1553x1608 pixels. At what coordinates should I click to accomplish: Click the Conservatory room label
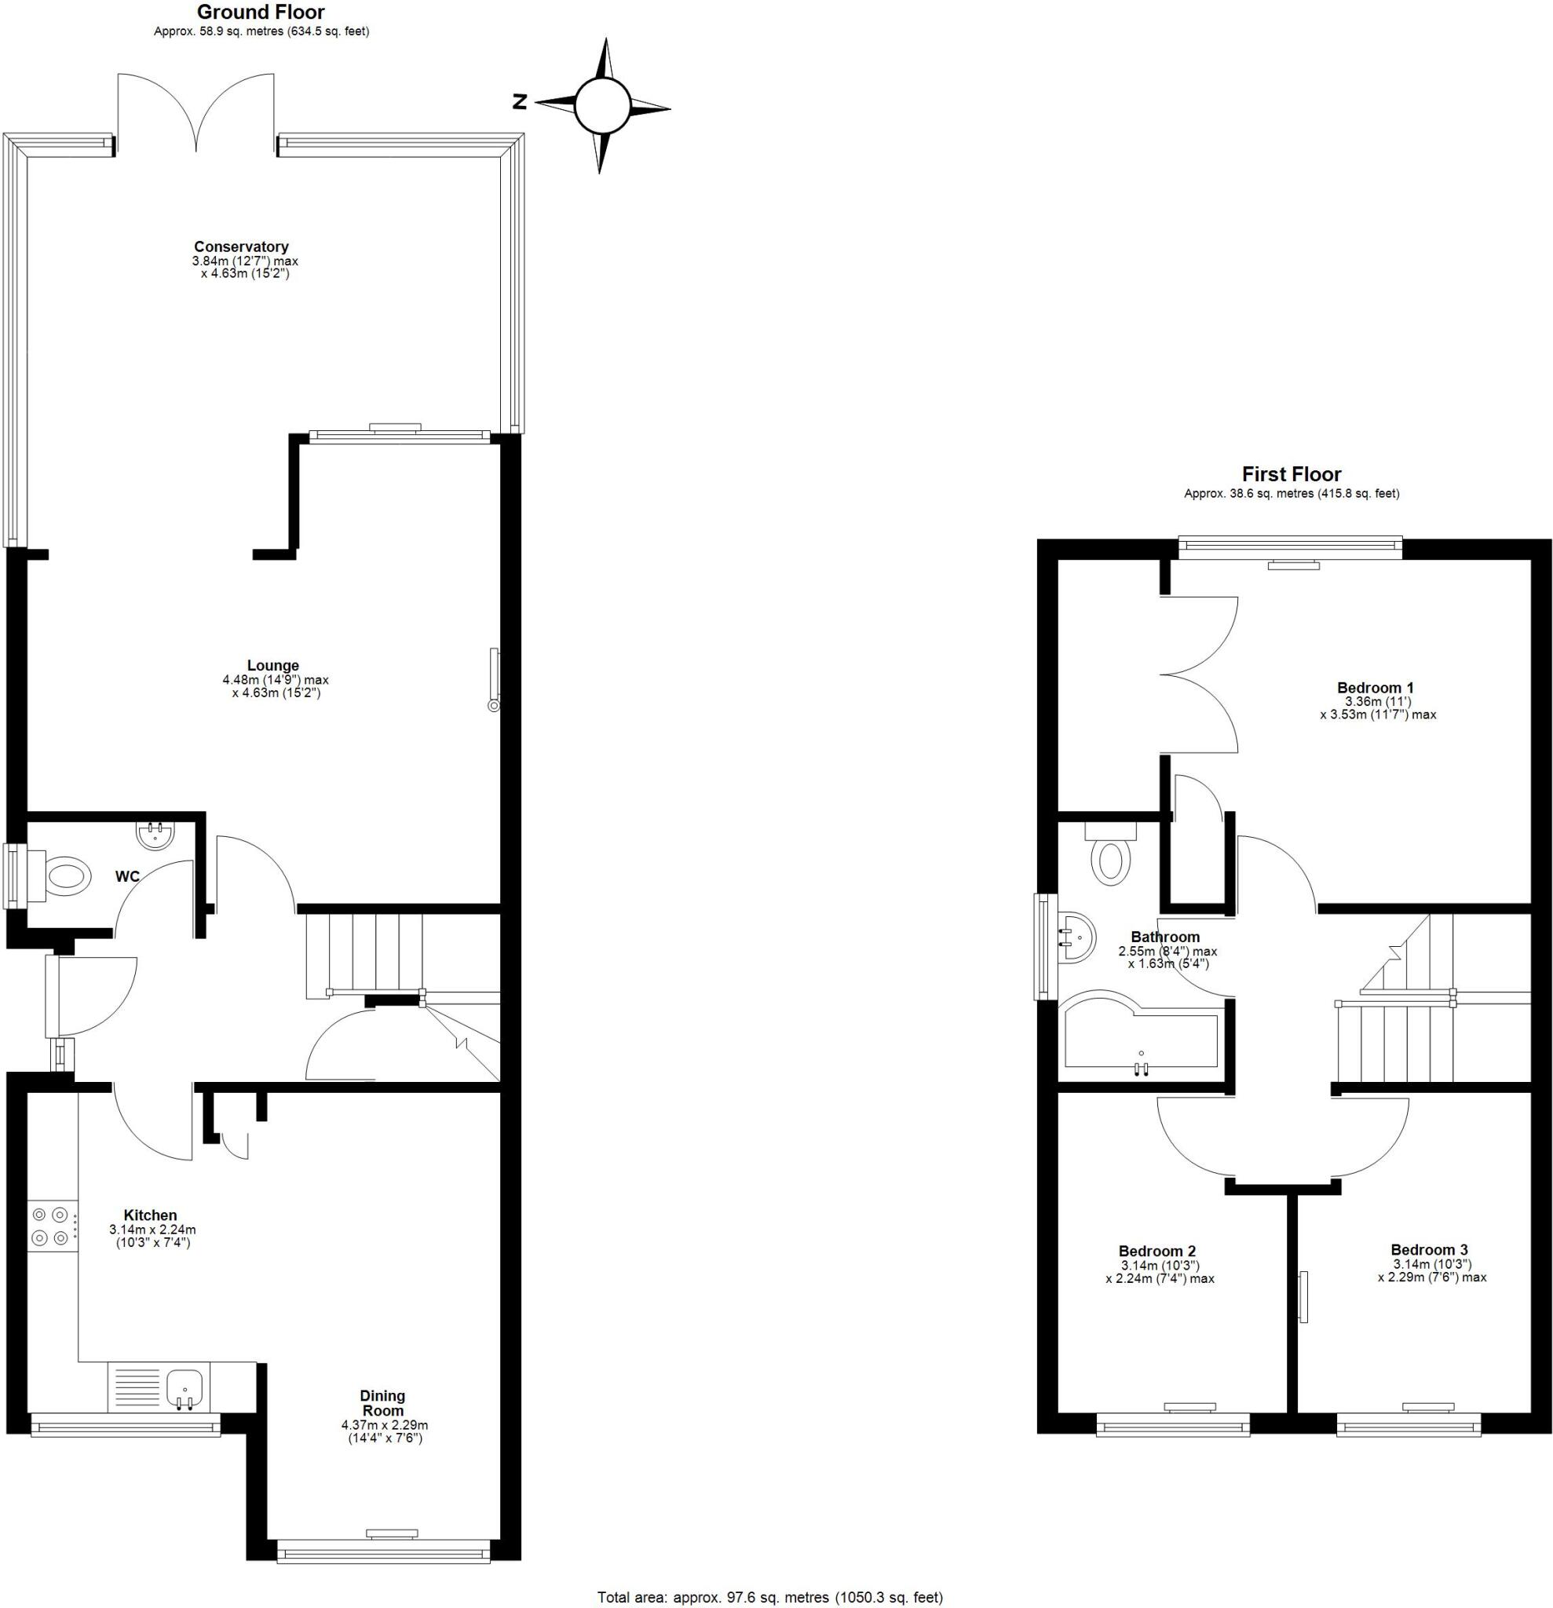(x=240, y=246)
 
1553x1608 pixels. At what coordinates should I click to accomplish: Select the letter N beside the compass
(x=519, y=102)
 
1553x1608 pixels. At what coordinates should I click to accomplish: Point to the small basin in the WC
(x=155, y=835)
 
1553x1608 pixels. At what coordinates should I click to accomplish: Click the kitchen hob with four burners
(x=51, y=1226)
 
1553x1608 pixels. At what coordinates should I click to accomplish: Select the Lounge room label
(x=273, y=665)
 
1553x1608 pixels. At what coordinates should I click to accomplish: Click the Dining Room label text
(x=382, y=1403)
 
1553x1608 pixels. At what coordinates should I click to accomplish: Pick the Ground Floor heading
(x=261, y=13)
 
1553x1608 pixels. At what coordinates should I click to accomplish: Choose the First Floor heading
(x=1292, y=474)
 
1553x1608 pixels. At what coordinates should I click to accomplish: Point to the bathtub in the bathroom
(x=1140, y=1039)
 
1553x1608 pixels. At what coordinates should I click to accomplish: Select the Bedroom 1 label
(x=1375, y=688)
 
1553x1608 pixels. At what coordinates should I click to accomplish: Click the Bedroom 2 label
(x=1157, y=1251)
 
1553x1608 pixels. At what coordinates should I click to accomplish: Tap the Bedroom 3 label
(x=1429, y=1250)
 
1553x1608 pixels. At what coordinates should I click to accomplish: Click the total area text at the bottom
(x=769, y=1597)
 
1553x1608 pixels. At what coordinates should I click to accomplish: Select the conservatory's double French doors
(x=196, y=115)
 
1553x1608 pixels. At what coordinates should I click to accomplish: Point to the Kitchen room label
(x=150, y=1215)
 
